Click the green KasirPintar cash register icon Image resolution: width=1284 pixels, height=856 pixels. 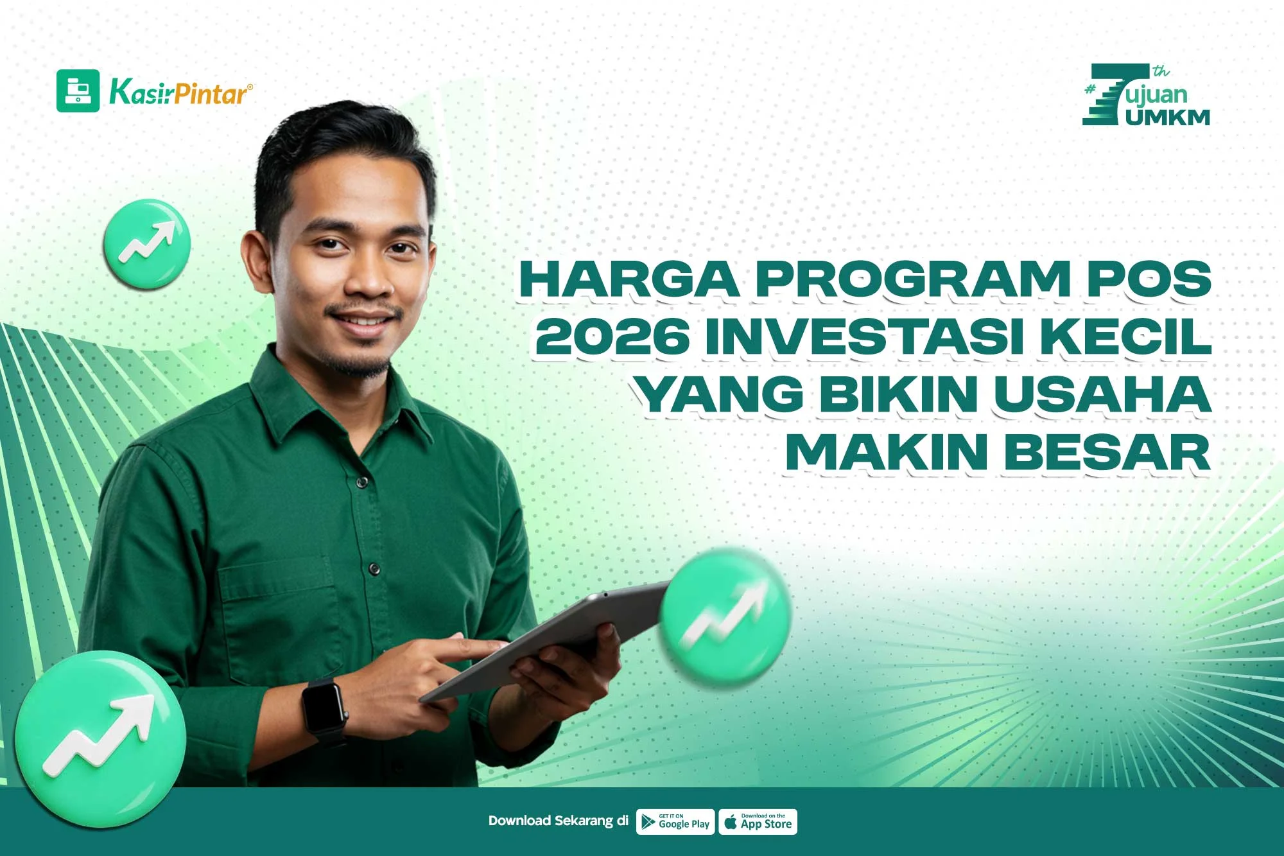[x=78, y=91]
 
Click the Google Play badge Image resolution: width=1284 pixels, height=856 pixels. [x=675, y=822]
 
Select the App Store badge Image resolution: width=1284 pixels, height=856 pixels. [x=758, y=822]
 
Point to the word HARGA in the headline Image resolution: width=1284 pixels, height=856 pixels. [x=629, y=279]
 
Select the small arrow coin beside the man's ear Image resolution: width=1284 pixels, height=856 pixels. [x=147, y=243]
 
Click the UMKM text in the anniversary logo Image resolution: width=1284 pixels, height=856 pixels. [x=1167, y=117]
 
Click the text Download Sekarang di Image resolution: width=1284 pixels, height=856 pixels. [x=558, y=821]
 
